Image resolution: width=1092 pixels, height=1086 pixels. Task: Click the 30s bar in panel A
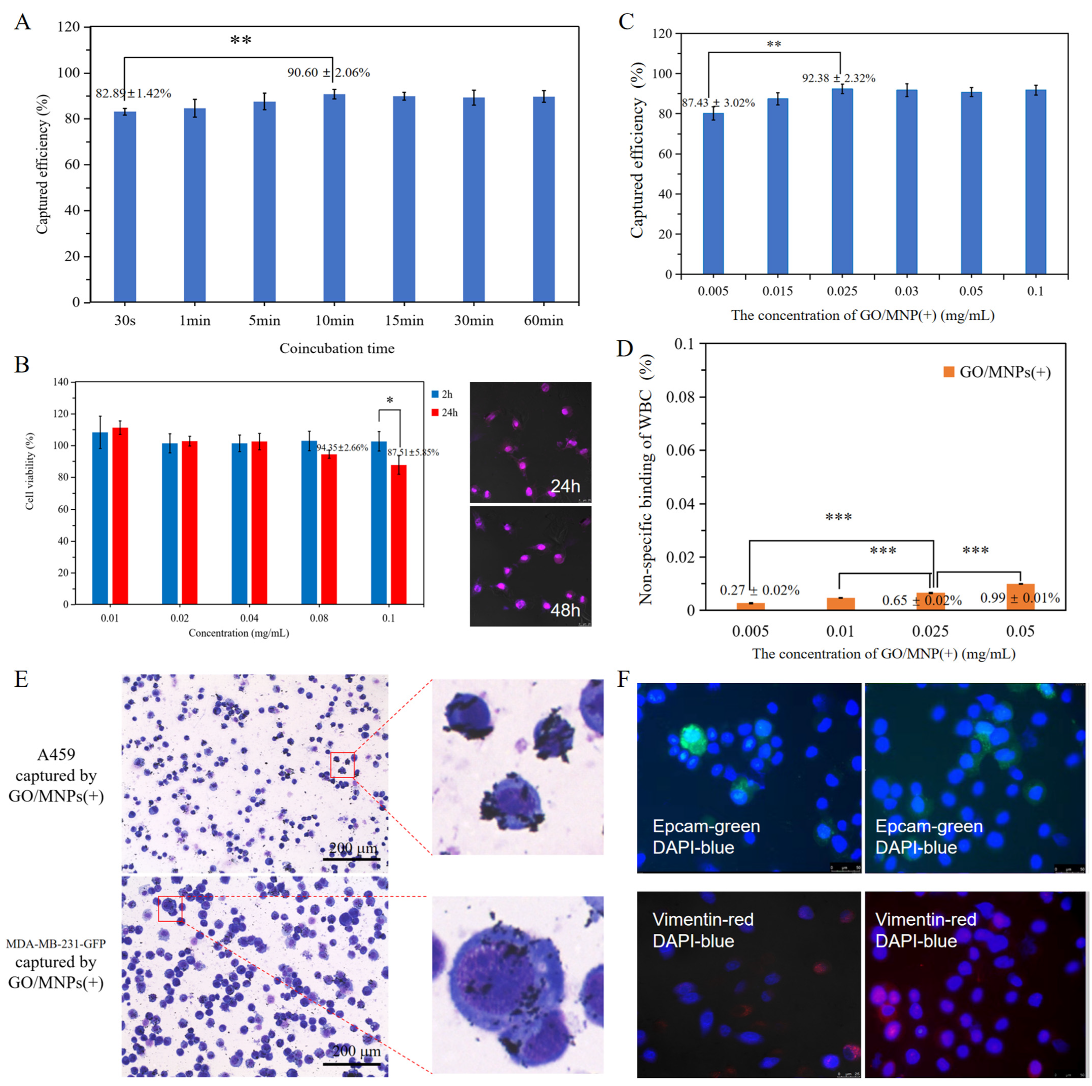click(125, 206)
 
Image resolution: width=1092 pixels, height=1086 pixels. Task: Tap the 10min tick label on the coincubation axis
click(334, 321)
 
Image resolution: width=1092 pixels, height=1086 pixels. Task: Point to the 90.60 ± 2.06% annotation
click(328, 73)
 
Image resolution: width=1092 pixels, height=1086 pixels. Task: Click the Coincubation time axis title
click(337, 348)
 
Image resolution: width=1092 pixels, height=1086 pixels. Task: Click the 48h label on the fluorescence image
click(565, 610)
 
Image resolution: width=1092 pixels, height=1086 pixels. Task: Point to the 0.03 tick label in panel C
click(907, 292)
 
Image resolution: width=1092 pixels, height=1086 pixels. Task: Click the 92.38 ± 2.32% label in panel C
click(838, 79)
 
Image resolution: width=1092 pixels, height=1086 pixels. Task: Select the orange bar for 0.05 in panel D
click(1020, 597)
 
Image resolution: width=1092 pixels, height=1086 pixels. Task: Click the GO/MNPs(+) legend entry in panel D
click(998, 372)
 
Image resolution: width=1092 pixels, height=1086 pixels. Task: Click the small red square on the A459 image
click(342, 764)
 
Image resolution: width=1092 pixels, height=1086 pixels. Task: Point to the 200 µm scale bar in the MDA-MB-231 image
click(352, 1065)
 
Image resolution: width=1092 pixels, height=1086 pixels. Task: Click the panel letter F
click(624, 679)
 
